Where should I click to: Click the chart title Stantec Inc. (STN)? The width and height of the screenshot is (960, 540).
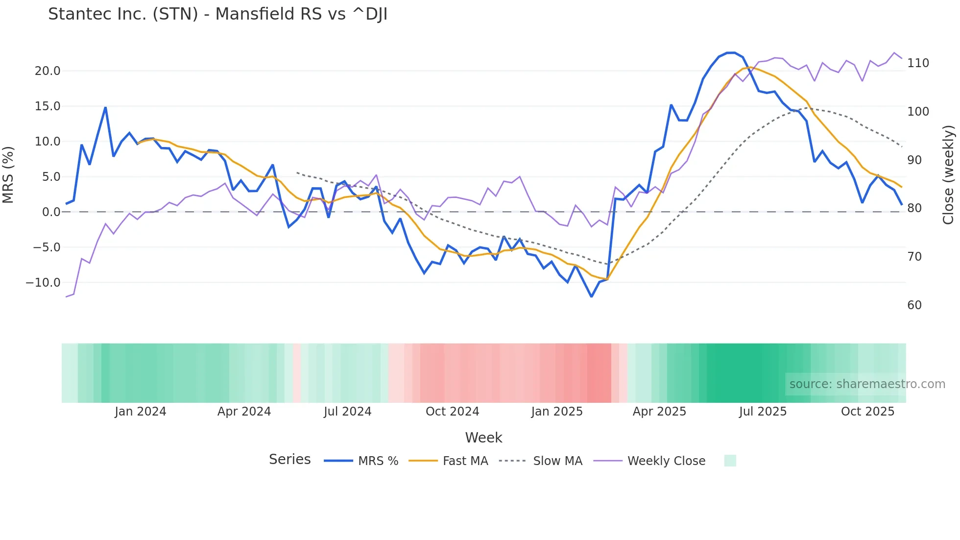(x=217, y=14)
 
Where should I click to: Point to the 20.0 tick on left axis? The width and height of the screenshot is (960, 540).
(x=48, y=71)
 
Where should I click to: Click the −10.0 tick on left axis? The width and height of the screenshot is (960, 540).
(x=43, y=283)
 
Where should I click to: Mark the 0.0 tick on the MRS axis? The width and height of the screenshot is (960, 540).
(x=51, y=212)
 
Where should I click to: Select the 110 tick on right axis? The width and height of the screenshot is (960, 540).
(x=918, y=63)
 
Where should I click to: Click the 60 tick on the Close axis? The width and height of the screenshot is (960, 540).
(x=914, y=305)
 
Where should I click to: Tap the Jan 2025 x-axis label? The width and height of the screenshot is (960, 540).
(x=557, y=412)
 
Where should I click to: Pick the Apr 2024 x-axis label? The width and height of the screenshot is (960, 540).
(x=244, y=412)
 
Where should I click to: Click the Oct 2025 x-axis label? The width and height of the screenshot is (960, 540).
(x=867, y=412)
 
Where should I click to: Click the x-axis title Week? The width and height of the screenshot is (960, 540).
(x=483, y=438)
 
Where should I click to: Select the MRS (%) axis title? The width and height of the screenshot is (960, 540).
(x=8, y=175)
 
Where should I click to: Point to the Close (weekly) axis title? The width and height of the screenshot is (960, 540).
(x=949, y=175)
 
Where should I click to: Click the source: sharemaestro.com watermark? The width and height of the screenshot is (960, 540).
(x=867, y=384)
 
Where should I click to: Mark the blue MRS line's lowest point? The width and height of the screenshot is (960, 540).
(x=591, y=296)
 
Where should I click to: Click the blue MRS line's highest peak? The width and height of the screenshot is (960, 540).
(x=731, y=53)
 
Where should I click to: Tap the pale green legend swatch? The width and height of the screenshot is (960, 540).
(x=730, y=461)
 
